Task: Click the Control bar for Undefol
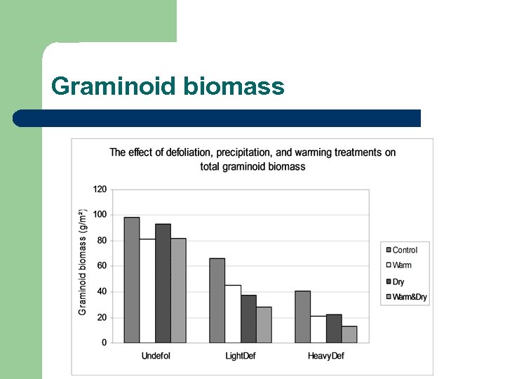point(131,280)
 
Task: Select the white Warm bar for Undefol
point(147,291)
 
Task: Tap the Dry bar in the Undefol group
point(163,284)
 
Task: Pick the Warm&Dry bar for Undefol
point(178,291)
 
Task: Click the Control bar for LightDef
point(217,300)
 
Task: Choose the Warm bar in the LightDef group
point(233,314)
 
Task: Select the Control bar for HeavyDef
point(302,317)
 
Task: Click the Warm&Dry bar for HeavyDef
point(349,335)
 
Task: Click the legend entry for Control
point(404,250)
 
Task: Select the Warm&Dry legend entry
point(409,297)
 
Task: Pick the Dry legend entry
point(398,281)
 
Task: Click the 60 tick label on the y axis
point(102,266)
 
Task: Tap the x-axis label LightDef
point(240,356)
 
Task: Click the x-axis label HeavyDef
point(326,356)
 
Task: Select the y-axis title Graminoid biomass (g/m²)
point(83,262)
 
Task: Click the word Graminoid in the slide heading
point(114,86)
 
